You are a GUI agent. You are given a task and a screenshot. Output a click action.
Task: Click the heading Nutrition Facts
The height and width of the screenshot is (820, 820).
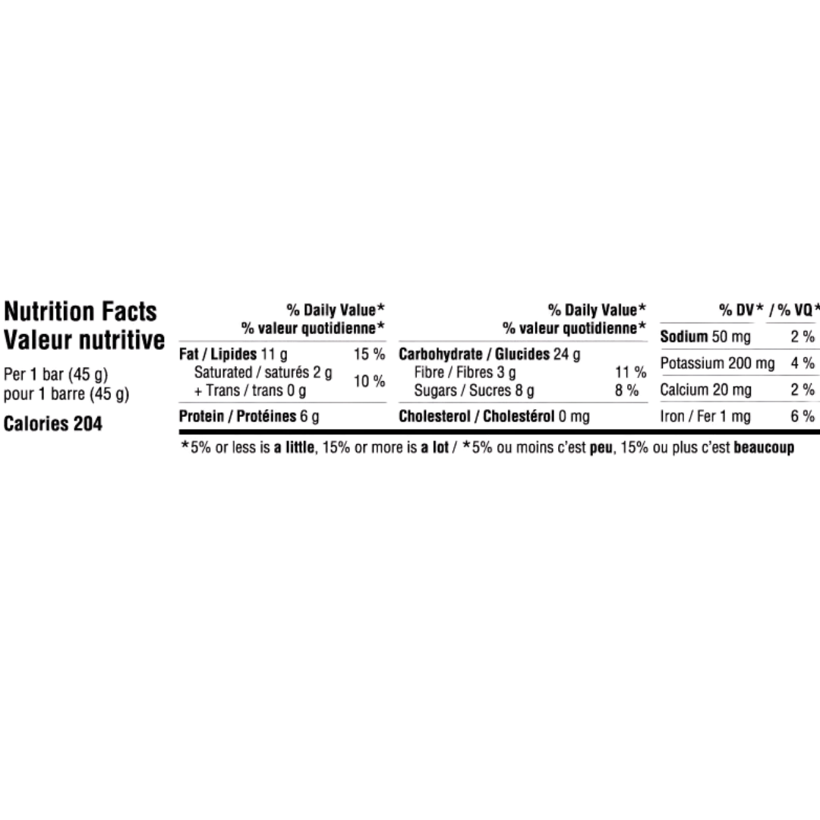(80, 312)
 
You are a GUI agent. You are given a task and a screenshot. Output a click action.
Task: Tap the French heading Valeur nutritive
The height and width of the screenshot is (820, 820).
(84, 340)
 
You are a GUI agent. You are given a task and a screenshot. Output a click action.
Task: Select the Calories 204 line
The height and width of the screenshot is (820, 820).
(53, 424)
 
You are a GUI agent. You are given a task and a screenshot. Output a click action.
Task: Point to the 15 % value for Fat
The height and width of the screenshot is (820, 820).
(369, 354)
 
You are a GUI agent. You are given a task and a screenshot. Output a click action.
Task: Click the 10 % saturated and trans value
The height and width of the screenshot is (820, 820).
(369, 381)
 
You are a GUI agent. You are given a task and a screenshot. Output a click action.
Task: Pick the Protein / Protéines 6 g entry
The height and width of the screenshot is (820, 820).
(249, 416)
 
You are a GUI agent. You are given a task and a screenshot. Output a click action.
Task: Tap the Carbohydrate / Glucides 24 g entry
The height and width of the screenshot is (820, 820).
(490, 354)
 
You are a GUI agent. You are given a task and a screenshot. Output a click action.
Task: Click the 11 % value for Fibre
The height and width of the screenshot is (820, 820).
(631, 372)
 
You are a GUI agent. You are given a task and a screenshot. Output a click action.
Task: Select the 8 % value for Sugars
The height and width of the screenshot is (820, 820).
(626, 390)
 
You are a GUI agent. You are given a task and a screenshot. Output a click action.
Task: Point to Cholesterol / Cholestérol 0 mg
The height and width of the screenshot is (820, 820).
(494, 416)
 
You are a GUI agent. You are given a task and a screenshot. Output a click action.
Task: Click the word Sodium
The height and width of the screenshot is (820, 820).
(683, 336)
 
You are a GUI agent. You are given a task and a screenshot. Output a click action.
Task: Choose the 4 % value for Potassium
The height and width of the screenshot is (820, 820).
(803, 363)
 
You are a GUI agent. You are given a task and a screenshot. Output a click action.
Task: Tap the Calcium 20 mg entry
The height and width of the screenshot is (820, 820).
(705, 389)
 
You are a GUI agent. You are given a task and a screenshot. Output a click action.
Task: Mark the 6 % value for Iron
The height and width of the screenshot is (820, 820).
(803, 416)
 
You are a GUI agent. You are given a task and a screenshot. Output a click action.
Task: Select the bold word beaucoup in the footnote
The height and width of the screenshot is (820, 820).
(764, 448)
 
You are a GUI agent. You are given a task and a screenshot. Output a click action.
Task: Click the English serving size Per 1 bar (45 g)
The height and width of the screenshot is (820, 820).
(55, 374)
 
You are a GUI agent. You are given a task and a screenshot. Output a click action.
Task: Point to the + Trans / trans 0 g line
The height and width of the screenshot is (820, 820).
(250, 391)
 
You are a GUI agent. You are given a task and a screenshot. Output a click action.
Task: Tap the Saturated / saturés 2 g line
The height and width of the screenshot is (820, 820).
(263, 372)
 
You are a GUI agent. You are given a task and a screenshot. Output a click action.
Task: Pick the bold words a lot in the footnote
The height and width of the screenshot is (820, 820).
(434, 448)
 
